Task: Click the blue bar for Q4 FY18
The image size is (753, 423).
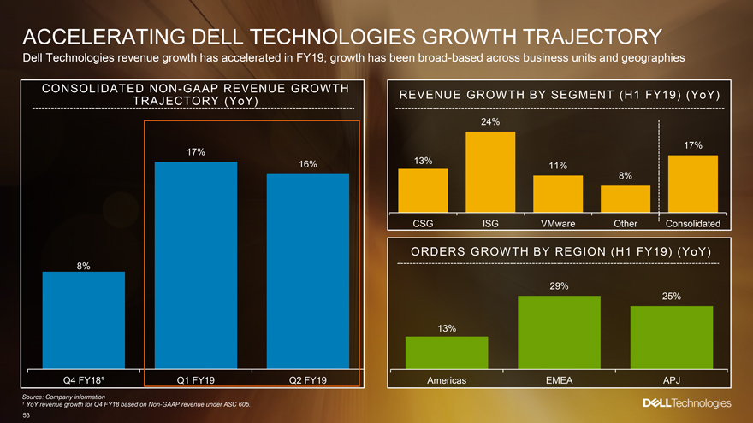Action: (x=84, y=320)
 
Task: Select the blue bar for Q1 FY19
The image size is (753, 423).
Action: (x=196, y=265)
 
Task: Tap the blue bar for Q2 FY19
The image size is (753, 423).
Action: (x=308, y=271)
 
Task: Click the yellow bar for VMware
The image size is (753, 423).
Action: (x=558, y=194)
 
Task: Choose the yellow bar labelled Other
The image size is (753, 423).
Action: (x=626, y=199)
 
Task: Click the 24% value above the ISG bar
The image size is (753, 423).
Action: (x=490, y=122)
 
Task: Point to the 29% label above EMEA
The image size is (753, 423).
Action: (x=560, y=285)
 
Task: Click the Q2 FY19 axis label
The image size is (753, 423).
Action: (x=308, y=380)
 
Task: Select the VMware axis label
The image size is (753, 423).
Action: (x=558, y=224)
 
